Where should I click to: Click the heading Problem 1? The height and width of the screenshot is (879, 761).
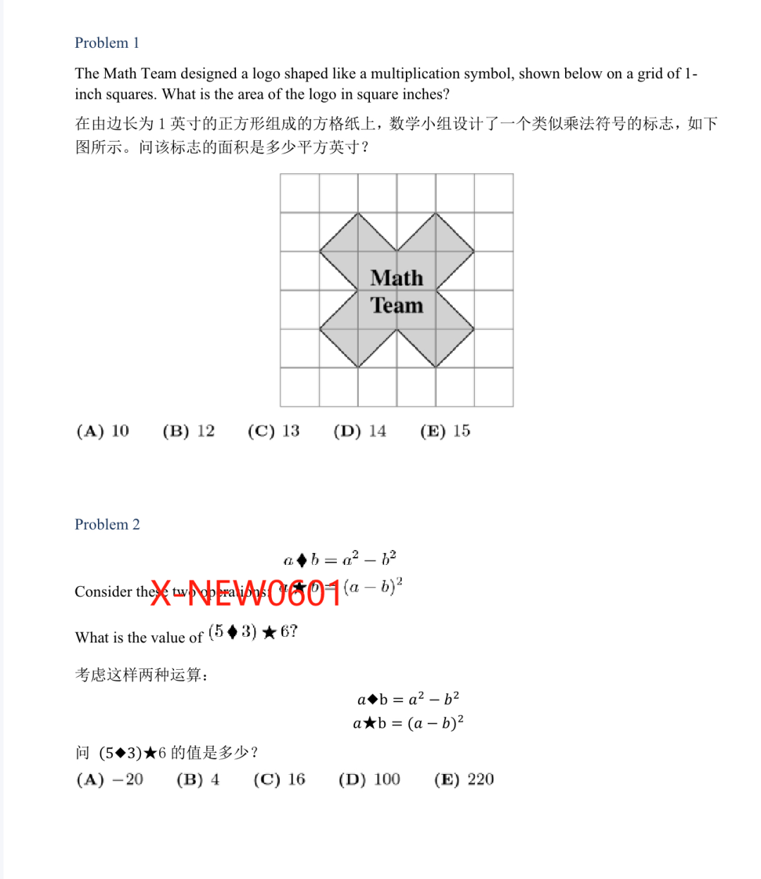tap(107, 43)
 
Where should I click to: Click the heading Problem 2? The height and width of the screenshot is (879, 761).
tap(107, 525)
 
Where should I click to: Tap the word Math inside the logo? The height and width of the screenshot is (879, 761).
tap(397, 278)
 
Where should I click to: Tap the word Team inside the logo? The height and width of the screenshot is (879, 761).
tap(397, 306)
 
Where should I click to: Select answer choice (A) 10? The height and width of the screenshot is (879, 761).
tap(103, 431)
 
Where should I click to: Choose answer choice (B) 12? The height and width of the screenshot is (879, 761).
tap(188, 431)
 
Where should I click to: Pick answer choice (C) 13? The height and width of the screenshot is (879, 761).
tap(273, 431)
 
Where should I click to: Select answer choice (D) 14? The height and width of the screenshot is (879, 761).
tap(360, 431)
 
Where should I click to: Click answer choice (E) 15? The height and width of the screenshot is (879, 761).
tap(445, 431)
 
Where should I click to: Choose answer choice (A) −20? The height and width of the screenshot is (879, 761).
tap(110, 780)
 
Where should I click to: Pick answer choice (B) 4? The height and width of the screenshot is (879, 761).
tap(198, 780)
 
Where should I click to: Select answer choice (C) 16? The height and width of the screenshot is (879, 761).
tap(280, 780)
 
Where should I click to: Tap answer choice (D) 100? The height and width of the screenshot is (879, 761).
tap(369, 780)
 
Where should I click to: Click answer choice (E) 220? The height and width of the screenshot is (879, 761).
tap(464, 780)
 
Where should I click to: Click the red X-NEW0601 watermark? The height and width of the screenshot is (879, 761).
tap(246, 593)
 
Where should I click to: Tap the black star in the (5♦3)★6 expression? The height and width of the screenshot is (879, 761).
tap(268, 632)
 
